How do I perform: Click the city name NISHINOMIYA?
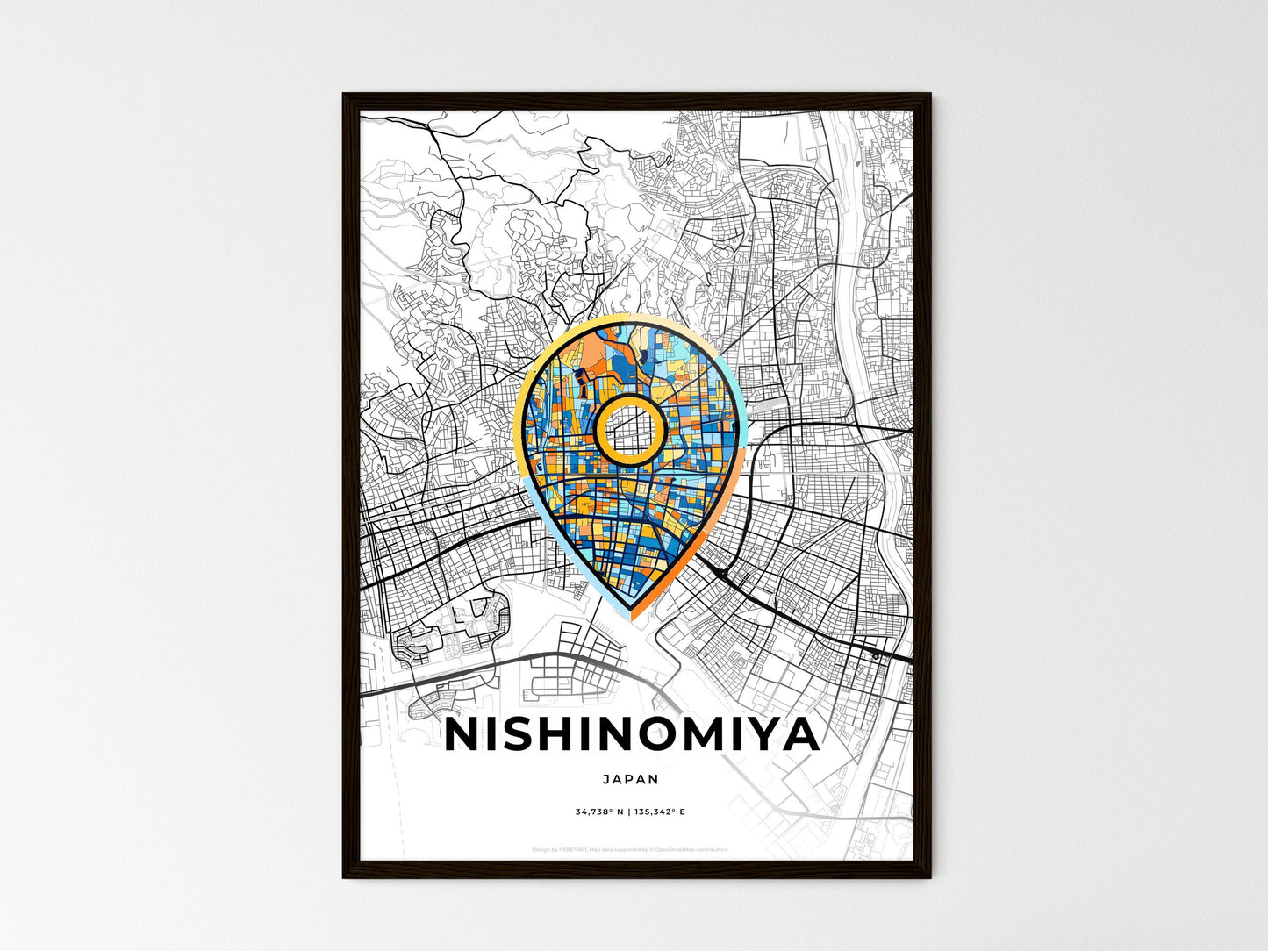632,735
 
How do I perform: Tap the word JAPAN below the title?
631,779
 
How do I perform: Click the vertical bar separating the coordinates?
629,812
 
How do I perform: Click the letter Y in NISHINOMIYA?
759,735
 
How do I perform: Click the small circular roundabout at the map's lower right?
875,655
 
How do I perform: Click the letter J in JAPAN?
607,779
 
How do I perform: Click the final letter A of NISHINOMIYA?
802,735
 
